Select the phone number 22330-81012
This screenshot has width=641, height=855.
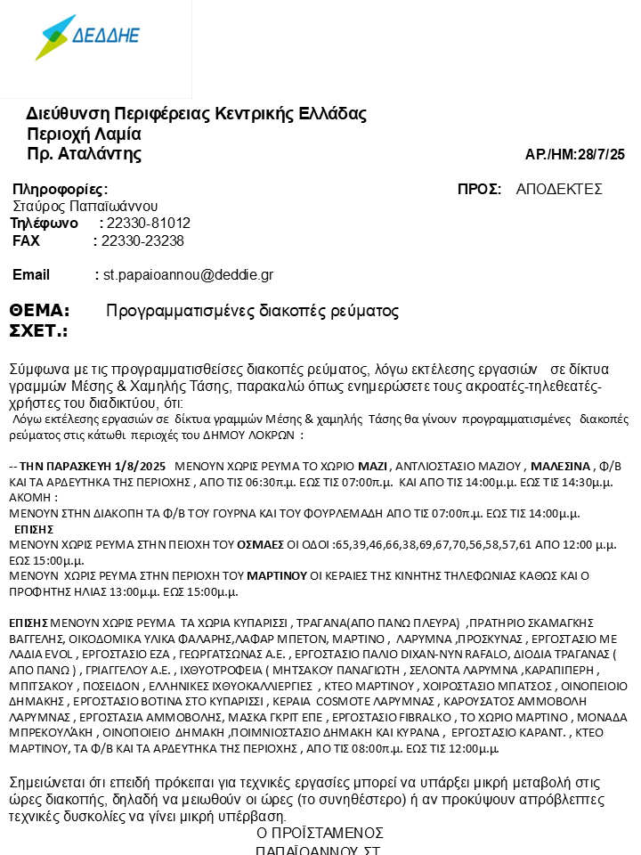coord(148,224)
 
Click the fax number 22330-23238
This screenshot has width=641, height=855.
coord(142,241)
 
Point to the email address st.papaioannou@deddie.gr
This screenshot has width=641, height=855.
coord(188,275)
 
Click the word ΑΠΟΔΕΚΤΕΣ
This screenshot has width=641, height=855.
coord(559,190)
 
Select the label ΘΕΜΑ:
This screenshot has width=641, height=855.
coord(39,311)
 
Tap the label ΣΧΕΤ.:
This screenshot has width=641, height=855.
coord(38,331)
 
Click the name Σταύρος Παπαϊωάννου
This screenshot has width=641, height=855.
coord(85,207)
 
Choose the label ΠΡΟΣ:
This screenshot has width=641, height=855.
coord(479,190)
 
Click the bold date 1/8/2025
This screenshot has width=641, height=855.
coord(141,466)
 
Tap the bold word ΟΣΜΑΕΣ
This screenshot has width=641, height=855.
coord(260,543)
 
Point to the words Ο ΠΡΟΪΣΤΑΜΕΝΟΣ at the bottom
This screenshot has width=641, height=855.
coord(320,834)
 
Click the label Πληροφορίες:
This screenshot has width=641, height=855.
coord(61,190)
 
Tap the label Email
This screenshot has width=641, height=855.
coord(31,275)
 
